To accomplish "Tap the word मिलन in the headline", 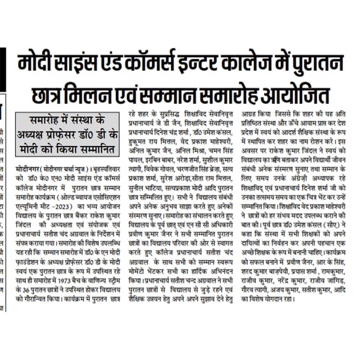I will tap(104, 96).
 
